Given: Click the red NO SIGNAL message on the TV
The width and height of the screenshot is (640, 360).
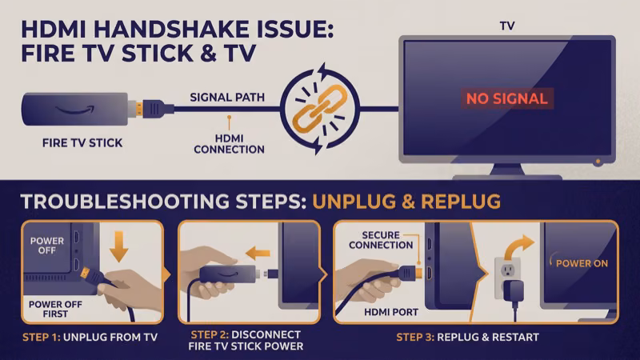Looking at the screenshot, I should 507,99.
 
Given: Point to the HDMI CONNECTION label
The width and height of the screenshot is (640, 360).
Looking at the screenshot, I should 229,142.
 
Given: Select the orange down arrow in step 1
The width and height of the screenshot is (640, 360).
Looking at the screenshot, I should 118,246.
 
